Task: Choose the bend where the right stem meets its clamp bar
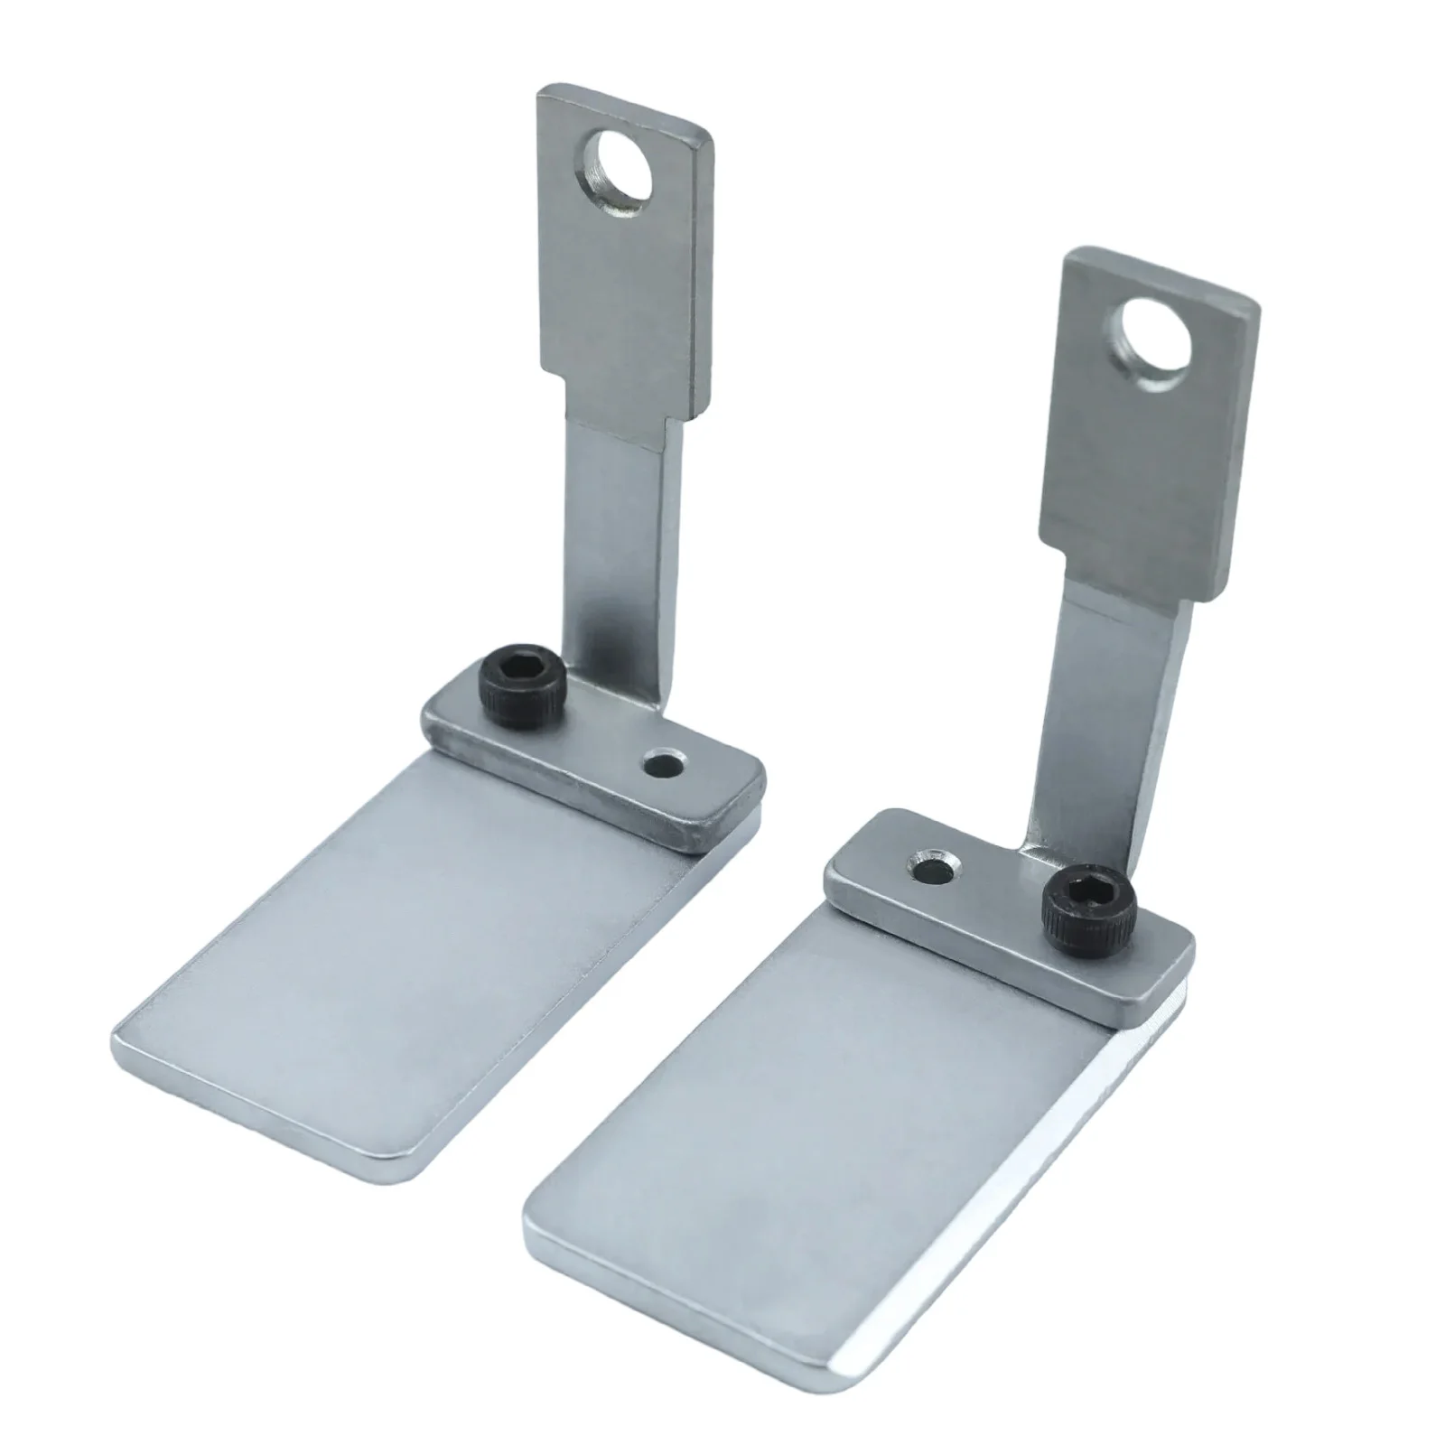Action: tap(1039, 835)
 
